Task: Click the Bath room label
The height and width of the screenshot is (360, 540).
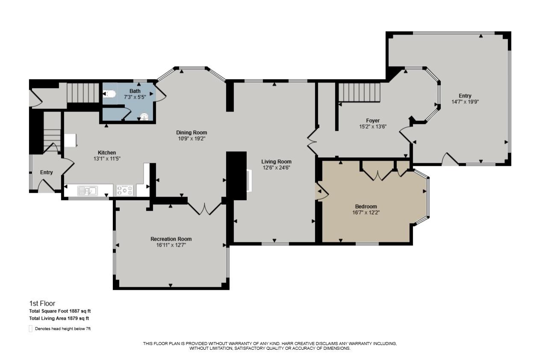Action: pyautogui.click(x=135, y=91)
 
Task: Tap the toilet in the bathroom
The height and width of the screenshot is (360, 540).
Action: pyautogui.click(x=110, y=94)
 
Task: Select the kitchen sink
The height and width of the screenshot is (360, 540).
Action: pyautogui.click(x=88, y=191)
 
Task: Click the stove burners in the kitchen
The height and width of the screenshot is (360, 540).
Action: pyautogui.click(x=125, y=190)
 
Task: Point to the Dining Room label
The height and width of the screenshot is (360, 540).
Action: pyautogui.click(x=192, y=133)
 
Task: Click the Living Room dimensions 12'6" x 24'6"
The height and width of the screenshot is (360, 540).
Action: pyautogui.click(x=276, y=168)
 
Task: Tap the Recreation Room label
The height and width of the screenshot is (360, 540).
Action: pyautogui.click(x=171, y=239)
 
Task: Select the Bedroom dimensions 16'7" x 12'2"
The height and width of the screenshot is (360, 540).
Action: pyautogui.click(x=366, y=212)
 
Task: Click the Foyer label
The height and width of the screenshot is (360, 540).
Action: pyautogui.click(x=373, y=121)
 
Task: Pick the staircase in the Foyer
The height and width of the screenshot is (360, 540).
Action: pyautogui.click(x=359, y=92)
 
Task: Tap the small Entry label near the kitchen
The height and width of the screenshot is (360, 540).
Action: pyautogui.click(x=46, y=172)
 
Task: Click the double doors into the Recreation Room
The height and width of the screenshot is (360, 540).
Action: pyautogui.click(x=205, y=208)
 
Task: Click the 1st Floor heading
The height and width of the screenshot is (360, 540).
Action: pyautogui.click(x=42, y=304)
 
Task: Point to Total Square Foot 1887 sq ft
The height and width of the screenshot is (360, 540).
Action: pyautogui.click(x=60, y=311)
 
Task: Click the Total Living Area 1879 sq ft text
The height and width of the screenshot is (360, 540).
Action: pyautogui.click(x=59, y=318)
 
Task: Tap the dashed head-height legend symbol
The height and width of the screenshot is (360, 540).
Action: pyautogui.click(x=31, y=329)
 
